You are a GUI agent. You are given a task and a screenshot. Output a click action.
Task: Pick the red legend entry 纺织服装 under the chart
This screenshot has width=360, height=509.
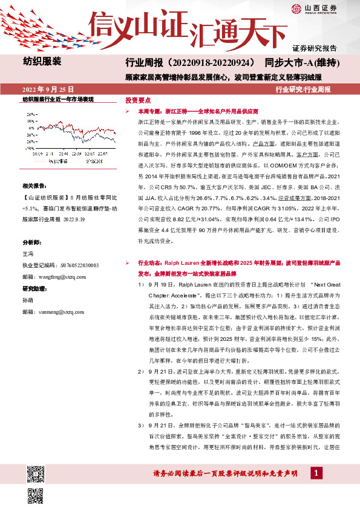(55, 161)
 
